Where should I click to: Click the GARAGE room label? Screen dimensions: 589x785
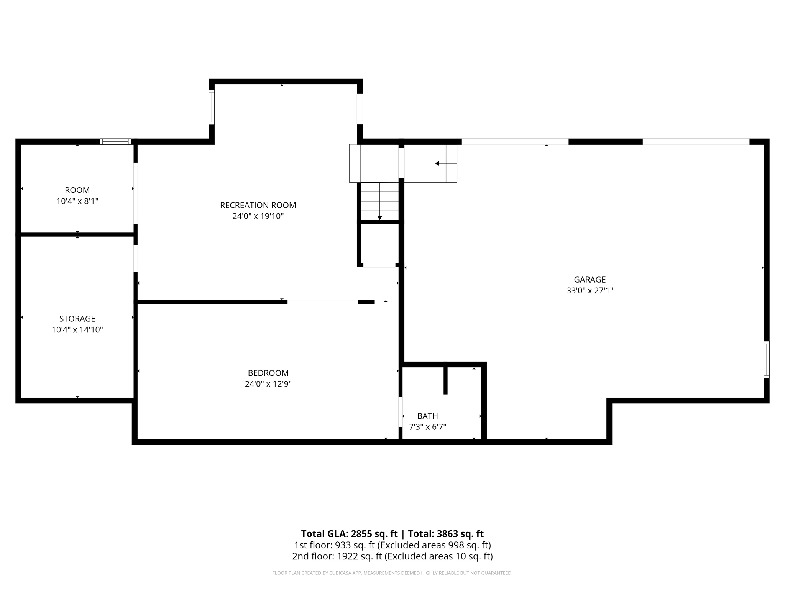tap(590, 280)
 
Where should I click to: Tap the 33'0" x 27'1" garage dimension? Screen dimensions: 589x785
tap(590, 291)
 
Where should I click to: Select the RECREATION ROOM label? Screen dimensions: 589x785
tap(258, 205)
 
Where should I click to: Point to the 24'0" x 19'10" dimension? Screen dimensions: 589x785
tap(258, 216)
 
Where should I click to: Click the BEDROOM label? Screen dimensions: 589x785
tap(268, 373)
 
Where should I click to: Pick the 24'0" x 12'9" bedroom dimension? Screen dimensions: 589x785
tap(268, 384)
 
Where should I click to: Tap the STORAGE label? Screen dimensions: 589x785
tap(77, 319)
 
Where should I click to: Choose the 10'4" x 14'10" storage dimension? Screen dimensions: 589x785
tap(77, 330)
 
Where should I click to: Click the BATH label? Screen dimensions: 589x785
tap(427, 416)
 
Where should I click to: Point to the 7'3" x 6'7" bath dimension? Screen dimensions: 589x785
tap(427, 427)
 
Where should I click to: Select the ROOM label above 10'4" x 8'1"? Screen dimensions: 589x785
tap(77, 190)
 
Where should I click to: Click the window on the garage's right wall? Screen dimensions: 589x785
tap(766, 359)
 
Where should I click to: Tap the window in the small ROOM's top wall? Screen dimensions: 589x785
tap(115, 141)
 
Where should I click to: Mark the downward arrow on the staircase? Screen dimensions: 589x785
tap(379, 217)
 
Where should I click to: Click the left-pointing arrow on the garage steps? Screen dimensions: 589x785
tap(437, 163)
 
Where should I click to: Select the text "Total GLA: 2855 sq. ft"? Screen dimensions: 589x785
tap(349, 534)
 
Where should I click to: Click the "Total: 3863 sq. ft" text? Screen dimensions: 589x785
tap(445, 534)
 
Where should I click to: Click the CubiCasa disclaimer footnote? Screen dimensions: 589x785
tap(392, 573)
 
